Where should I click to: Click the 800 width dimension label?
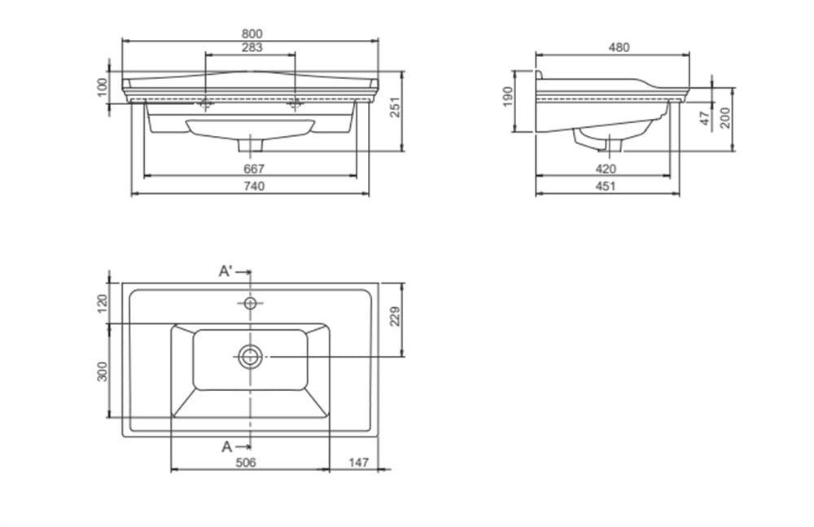pos(252,33)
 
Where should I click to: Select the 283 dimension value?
pos(252,48)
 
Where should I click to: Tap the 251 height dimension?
pos(396,107)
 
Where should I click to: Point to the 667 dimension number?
pos(254,169)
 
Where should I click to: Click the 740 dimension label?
pos(254,186)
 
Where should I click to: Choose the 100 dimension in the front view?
pos(103,87)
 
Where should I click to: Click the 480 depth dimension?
pos(619,48)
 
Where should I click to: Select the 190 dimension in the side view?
pos(507,97)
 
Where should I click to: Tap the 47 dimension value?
pos(704,118)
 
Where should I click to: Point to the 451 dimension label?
pos(606,186)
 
